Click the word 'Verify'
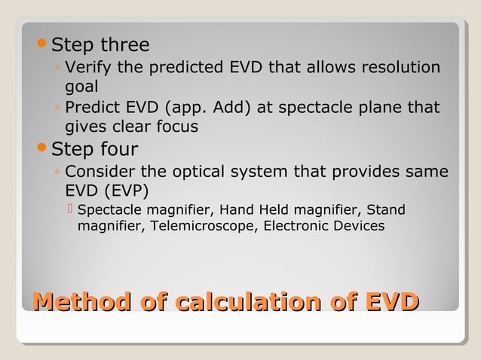click(x=90, y=69)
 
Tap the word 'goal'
click(x=81, y=87)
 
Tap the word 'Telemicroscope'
click(x=201, y=226)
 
